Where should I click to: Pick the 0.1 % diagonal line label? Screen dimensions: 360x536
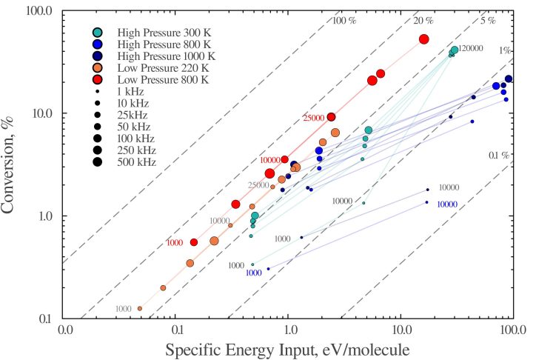(x=499, y=156)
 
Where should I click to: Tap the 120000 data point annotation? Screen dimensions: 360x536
(x=471, y=48)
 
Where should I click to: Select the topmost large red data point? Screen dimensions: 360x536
(x=424, y=39)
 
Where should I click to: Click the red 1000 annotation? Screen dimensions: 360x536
(x=175, y=243)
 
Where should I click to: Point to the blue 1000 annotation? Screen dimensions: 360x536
(x=253, y=273)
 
